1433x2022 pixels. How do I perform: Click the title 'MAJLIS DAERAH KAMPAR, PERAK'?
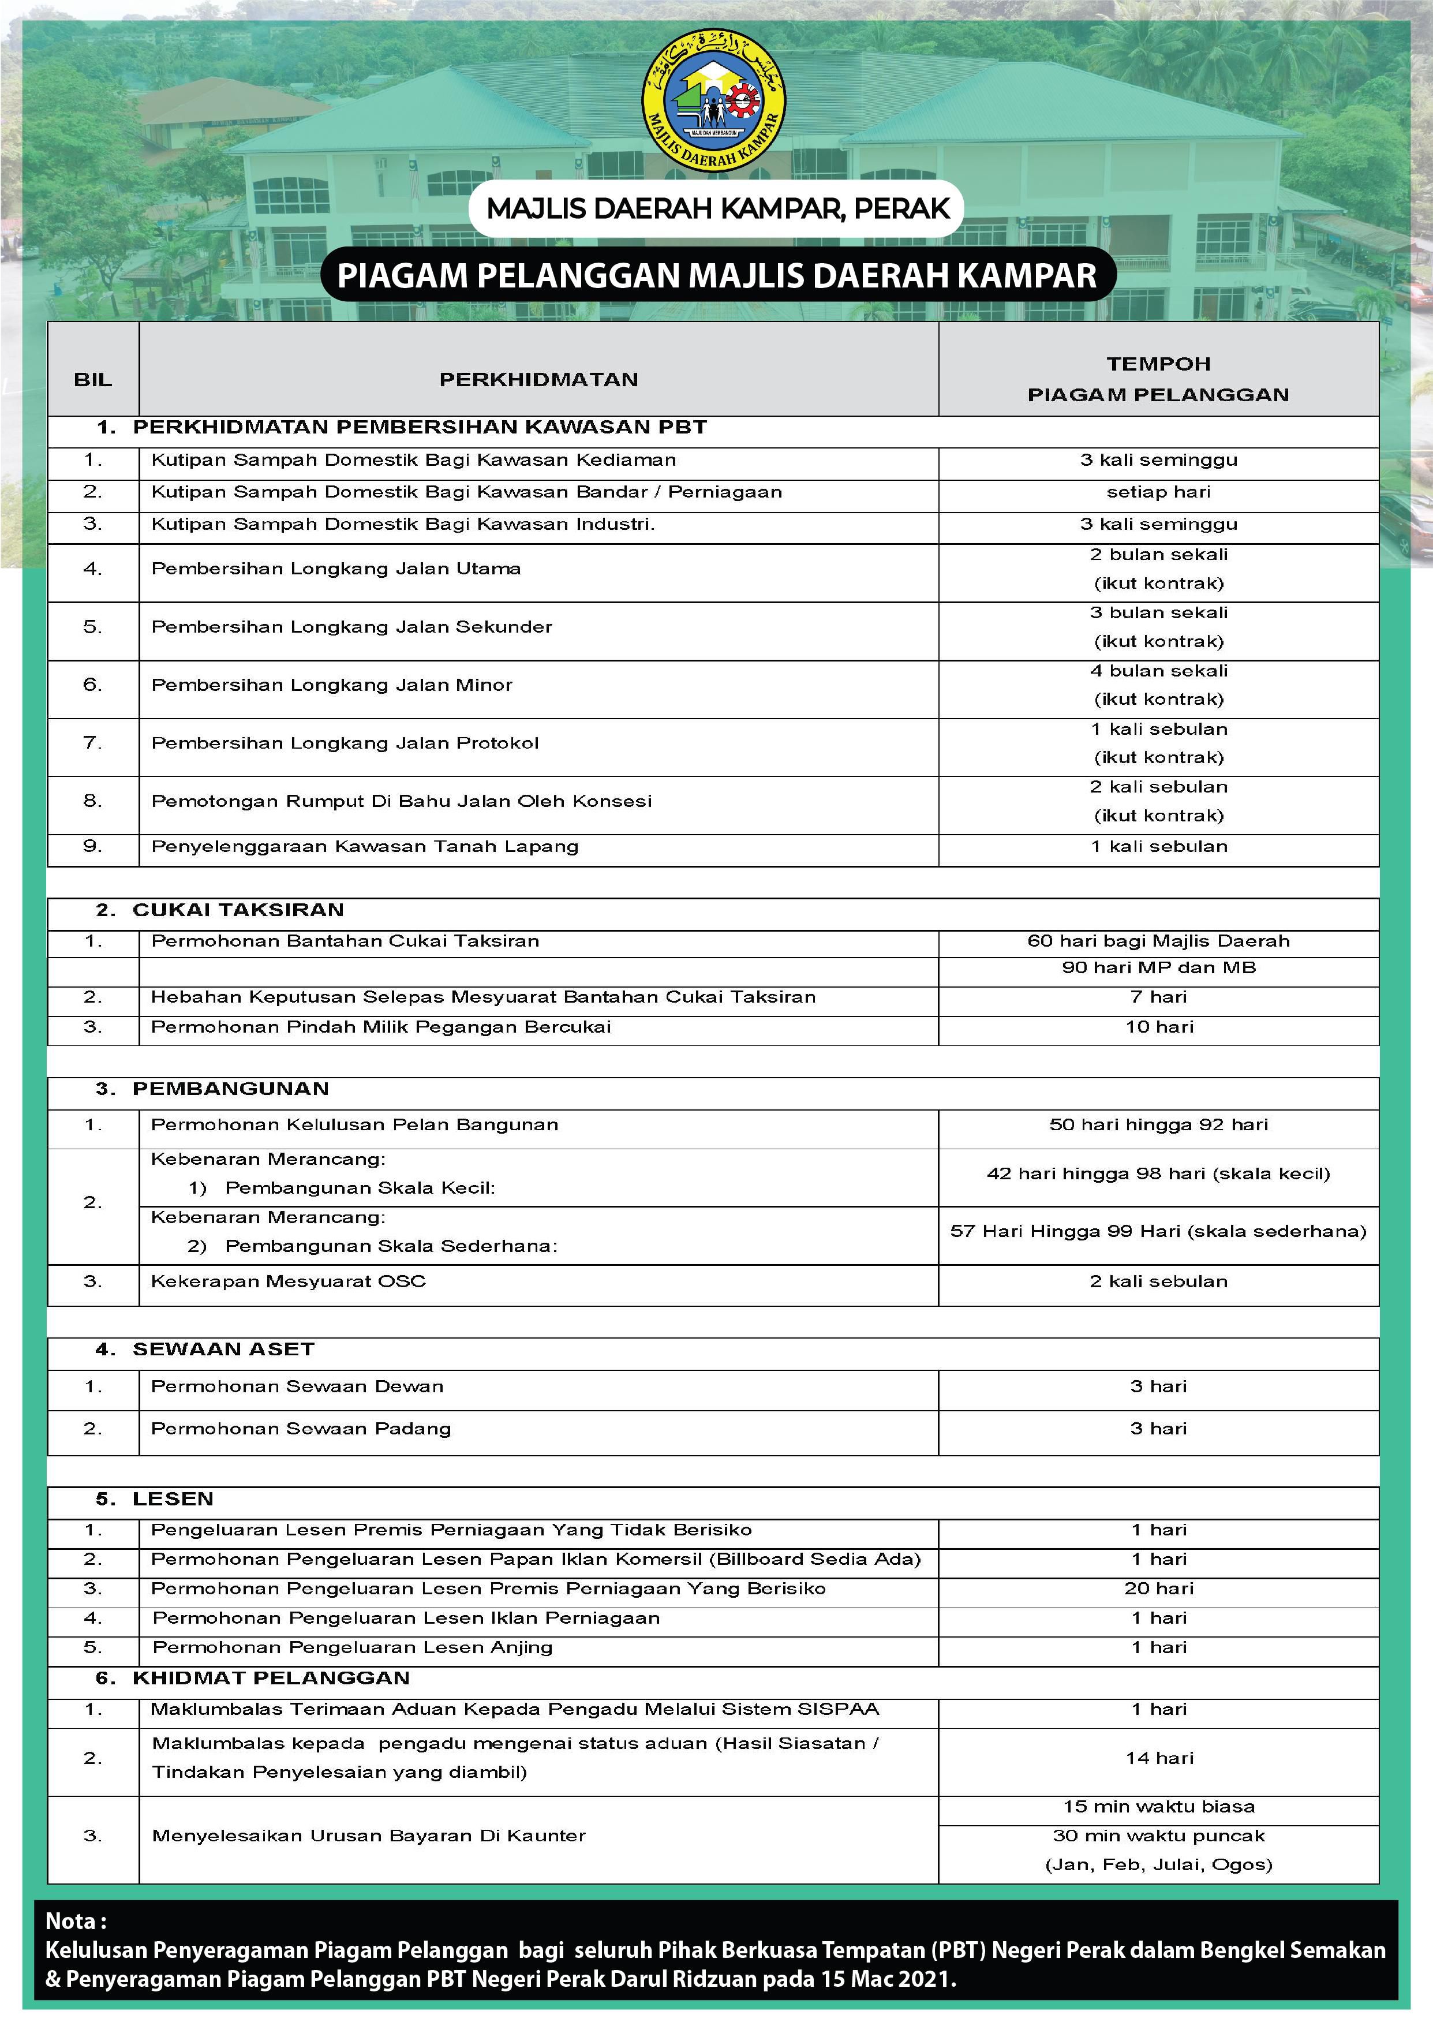(x=717, y=208)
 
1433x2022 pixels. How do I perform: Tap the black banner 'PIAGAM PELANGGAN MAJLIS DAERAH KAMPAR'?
(x=717, y=275)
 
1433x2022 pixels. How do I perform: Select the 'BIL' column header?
(x=93, y=379)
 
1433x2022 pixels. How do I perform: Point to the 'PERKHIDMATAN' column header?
(x=538, y=379)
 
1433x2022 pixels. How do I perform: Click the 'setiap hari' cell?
(x=1158, y=492)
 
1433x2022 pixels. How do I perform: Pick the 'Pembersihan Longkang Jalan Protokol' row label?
(x=345, y=743)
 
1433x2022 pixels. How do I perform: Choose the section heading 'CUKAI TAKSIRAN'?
(x=238, y=910)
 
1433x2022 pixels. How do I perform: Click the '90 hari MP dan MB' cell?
(x=1158, y=967)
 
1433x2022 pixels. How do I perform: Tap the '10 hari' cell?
(x=1158, y=1026)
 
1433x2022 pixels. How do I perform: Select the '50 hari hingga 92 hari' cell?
(x=1158, y=1124)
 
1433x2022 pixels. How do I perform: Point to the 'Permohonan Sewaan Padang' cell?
(x=300, y=1428)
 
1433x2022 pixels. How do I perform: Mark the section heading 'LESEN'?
(x=173, y=1498)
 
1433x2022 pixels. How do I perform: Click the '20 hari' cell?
(x=1158, y=1588)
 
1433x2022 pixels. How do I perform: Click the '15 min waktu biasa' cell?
(x=1158, y=1807)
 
